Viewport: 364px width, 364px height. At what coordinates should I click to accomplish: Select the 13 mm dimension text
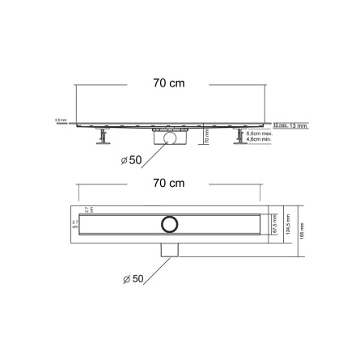tap(297, 125)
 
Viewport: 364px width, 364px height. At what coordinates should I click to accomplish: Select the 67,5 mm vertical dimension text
tap(276, 223)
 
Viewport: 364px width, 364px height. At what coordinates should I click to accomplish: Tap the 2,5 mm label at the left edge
tap(60, 120)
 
